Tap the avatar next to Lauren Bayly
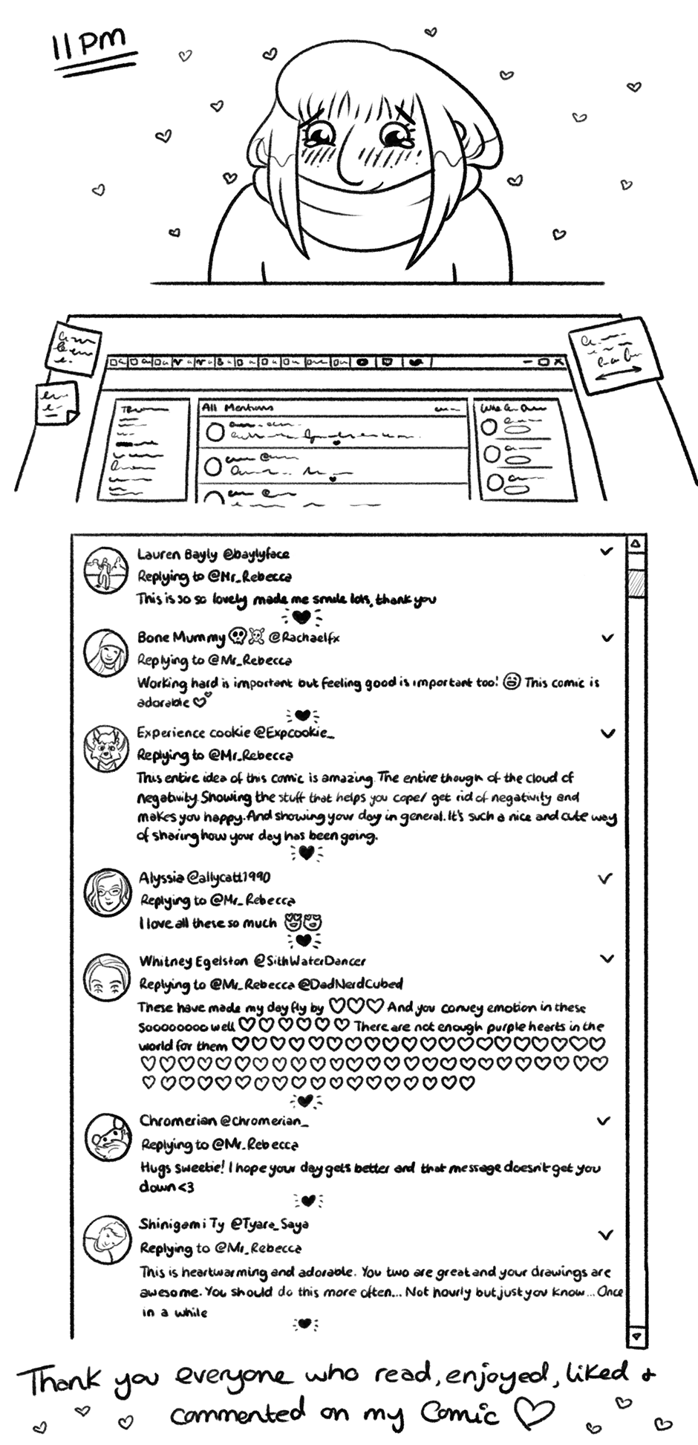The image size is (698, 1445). tap(105, 571)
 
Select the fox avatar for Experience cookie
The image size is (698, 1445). tap(105, 748)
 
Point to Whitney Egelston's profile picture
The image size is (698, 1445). tap(106, 976)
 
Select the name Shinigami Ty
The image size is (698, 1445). tap(181, 1224)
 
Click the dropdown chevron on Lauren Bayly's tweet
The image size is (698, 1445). tap(607, 551)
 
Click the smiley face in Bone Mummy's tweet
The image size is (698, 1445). tap(512, 681)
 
